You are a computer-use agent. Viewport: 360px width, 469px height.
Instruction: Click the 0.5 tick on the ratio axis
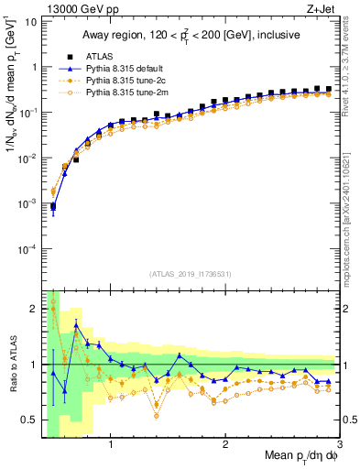28,420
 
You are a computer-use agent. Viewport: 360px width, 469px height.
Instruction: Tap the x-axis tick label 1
111,446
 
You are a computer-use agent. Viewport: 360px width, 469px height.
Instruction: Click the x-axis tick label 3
338,446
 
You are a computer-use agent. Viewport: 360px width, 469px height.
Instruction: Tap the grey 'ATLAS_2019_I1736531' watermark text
190,274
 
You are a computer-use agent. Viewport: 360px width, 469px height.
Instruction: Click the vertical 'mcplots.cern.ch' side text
353,211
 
